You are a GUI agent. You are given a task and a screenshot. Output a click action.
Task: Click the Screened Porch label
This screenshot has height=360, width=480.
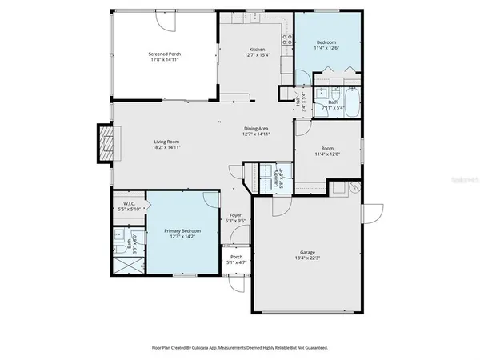tap(165, 54)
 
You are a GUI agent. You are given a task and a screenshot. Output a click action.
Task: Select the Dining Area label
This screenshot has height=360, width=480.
tap(256, 128)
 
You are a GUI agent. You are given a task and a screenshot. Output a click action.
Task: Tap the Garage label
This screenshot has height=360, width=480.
tap(305, 252)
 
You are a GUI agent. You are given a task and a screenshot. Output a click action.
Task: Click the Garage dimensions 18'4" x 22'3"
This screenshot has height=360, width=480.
tap(305, 258)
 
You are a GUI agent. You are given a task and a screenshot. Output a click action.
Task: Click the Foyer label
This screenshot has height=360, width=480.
tap(235, 215)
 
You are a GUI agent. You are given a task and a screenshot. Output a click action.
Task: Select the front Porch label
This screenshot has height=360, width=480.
tap(236, 256)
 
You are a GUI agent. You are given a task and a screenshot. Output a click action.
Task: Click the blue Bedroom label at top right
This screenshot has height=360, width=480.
tap(326, 42)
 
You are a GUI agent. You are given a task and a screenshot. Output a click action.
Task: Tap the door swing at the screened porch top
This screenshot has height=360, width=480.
tap(162, 22)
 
